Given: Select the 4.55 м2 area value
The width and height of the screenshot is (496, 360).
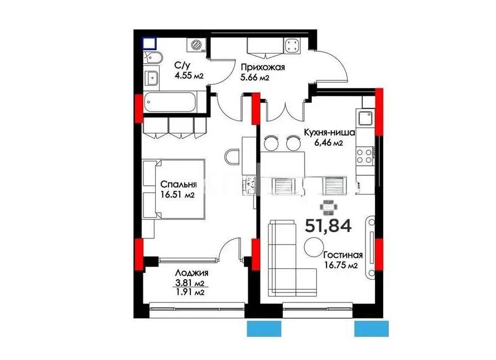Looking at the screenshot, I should tap(189, 76).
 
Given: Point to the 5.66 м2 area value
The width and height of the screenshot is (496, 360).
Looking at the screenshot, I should tap(255, 78).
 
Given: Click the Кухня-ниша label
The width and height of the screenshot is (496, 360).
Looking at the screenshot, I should tap(329, 132).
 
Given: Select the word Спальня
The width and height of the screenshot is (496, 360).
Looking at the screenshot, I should tap(177, 185).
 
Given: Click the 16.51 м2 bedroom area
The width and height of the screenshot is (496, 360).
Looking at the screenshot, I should tap(177, 195).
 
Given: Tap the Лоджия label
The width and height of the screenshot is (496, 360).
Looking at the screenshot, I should tap(191, 273).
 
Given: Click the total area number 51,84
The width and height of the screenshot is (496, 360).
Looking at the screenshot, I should tap(328, 226).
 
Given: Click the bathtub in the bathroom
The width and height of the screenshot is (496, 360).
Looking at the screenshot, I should tap(170, 103).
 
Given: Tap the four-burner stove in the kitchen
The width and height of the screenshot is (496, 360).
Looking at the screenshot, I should tap(365, 155).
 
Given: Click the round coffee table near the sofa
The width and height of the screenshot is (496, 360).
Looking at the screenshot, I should tap(313, 247).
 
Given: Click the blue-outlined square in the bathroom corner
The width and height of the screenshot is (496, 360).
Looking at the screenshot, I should tap(148, 42).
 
